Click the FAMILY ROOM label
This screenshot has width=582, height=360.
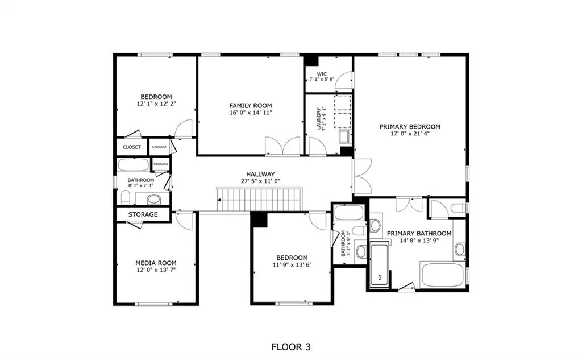pos(251,106)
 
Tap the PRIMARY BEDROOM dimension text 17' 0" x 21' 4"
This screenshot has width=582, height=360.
pos(410,134)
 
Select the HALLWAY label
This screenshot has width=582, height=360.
pos(260,174)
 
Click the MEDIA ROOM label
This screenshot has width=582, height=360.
pos(156,263)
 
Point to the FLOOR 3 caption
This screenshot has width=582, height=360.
pos(291,347)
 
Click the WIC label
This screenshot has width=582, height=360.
pos(322,74)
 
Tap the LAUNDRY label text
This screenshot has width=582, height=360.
pos(318,119)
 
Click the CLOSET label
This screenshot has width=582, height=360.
pos(132,147)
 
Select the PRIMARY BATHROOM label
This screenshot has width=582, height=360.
pos(419,233)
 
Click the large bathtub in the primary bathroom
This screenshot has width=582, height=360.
pos(442,275)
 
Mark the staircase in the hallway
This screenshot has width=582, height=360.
pos(259,200)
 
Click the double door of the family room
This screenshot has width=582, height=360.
pos(282,146)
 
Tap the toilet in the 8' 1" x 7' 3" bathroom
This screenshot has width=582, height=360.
pos(126,197)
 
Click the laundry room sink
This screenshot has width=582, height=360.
pos(344,136)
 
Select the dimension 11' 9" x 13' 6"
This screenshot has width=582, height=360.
pos(292,265)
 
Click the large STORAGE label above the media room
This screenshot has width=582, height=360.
pos(143,214)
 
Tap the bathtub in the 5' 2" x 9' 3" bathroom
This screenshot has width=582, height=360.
pos(348,213)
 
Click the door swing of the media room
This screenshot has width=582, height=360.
pos(185,221)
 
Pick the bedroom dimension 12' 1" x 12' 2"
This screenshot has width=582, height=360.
pos(156,104)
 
